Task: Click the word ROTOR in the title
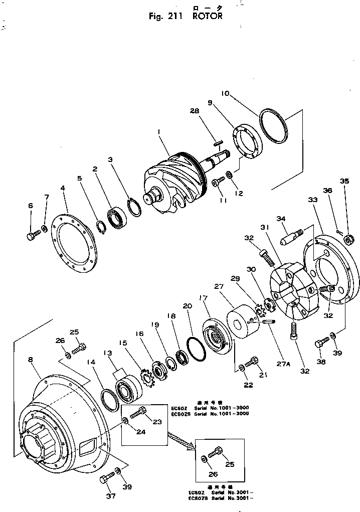[x=206, y=16]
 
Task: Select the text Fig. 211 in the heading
[x=167, y=16]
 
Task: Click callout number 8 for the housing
[x=32, y=359]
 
